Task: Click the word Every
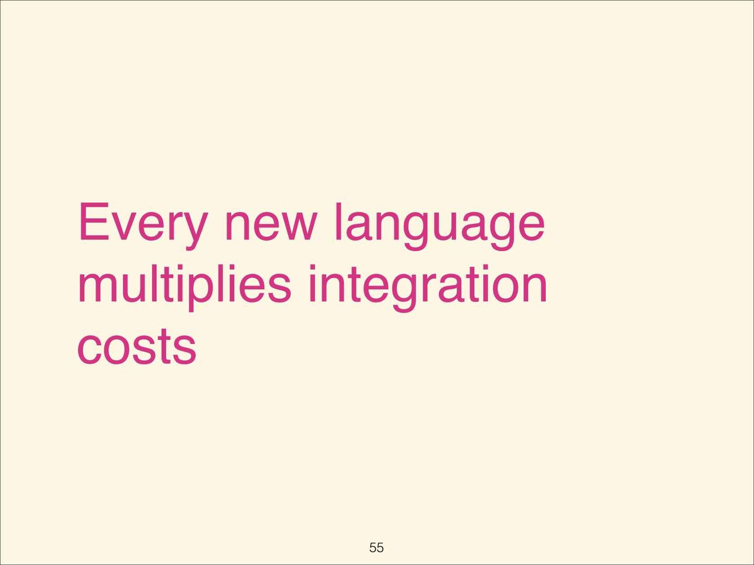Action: pos(143,226)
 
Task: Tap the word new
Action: pos(270,226)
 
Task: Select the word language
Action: pos(440,227)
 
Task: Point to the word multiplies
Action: pos(184,288)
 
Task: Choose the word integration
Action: pos(428,288)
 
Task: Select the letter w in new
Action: pos(296,226)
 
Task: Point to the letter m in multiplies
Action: pos(98,288)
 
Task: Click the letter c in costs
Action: pos(89,351)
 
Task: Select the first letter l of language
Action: pos(338,221)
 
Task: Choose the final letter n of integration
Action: pos(535,288)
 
